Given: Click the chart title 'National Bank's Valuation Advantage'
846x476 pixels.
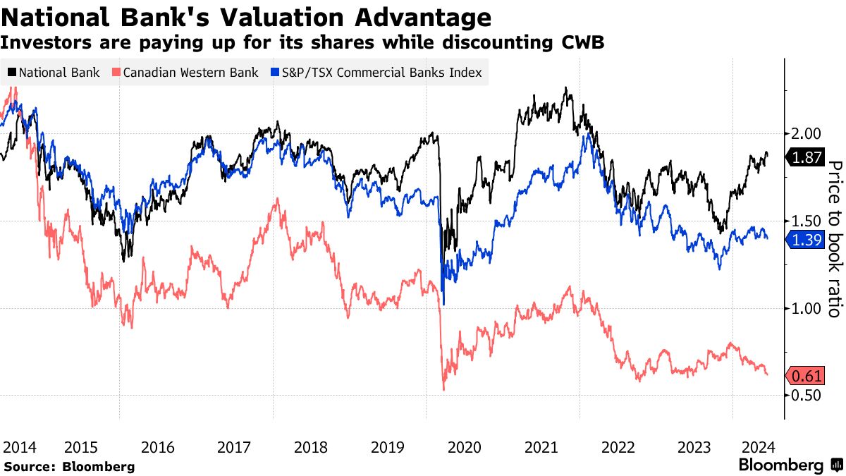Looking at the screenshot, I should click(246, 17).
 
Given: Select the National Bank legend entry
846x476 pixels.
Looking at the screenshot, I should click(54, 73).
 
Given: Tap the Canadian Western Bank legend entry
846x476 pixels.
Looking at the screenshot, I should click(185, 73).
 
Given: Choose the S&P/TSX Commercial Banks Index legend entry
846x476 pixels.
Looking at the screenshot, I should click(374, 73).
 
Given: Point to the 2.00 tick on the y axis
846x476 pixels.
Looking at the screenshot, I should click(804, 134).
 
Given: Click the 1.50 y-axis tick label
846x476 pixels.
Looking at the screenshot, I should click(804, 221).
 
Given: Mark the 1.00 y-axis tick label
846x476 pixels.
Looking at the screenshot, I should click(804, 308).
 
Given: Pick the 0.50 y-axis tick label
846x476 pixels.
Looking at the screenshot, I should click(804, 395).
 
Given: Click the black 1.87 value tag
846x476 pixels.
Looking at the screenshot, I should click(806, 159).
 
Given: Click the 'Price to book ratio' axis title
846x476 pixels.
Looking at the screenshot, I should click(834, 238).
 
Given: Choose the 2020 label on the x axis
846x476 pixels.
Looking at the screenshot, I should click(465, 447).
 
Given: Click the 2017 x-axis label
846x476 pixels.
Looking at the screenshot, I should click(235, 447).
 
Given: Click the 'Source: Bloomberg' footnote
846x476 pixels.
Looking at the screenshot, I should click(68, 466).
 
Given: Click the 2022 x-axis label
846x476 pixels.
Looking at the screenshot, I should click(618, 447).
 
